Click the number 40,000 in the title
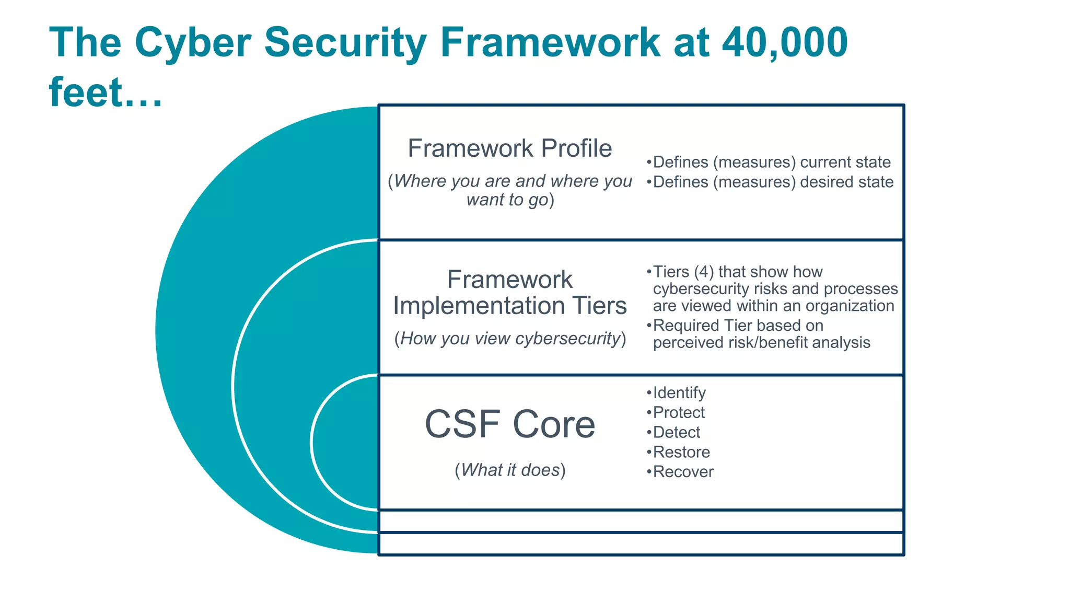[x=785, y=43]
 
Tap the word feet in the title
[x=86, y=92]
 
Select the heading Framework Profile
[x=509, y=148]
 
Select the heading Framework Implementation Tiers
[x=509, y=293]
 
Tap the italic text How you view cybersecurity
[x=510, y=339]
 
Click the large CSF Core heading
[x=509, y=424]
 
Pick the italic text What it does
[x=510, y=470]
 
